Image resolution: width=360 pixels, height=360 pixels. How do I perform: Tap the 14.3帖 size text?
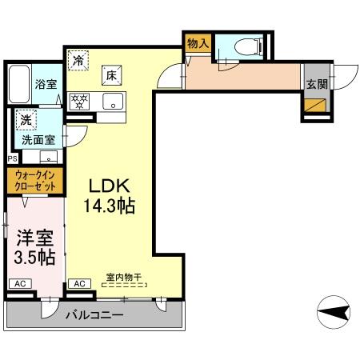tap(110, 205)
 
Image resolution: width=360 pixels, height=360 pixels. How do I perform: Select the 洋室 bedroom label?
tap(33, 238)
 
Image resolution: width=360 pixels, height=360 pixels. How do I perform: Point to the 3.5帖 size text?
tap(33, 258)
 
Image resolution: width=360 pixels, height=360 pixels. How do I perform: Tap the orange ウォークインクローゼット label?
tap(36, 181)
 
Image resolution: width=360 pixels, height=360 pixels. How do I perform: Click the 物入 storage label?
tap(198, 43)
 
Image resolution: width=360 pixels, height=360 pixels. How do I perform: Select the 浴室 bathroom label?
tap(44, 82)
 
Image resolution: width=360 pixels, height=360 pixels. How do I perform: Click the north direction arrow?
tap(334, 310)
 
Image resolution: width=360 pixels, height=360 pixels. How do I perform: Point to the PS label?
tap(11, 158)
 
